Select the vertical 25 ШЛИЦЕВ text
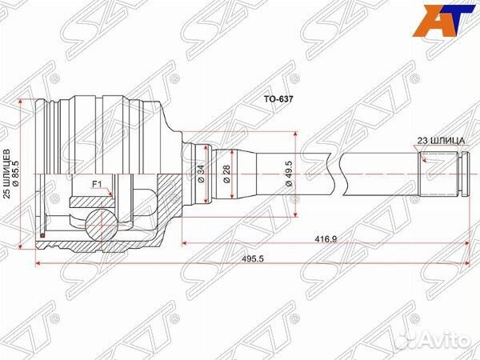coord(9,174)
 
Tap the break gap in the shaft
coord(334,174)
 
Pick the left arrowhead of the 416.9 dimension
coord(186,238)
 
